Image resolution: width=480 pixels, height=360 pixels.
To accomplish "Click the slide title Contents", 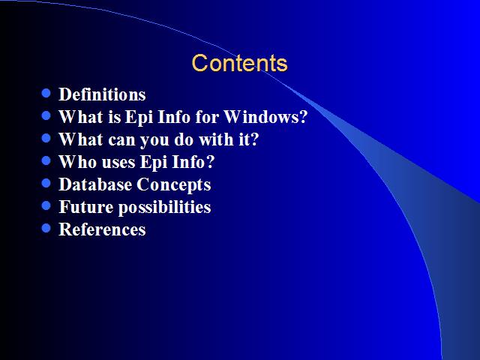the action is tap(239, 63).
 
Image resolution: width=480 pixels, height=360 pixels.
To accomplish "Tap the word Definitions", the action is tap(102, 94).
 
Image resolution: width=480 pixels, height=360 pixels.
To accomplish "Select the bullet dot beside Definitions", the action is tap(46, 93).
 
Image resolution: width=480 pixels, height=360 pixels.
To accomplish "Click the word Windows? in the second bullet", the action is tap(265, 117).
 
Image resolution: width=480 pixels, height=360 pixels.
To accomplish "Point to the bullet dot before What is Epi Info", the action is tap(46, 115).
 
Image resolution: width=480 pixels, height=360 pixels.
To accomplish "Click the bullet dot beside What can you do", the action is tap(46, 138).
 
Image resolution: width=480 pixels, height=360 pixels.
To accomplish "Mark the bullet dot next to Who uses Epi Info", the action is tap(46, 160).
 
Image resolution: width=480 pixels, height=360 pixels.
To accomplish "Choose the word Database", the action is tap(95, 184).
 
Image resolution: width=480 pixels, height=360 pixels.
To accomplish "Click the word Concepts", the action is tap(174, 185).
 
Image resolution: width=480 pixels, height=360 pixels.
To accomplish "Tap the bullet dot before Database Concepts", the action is tap(46, 183).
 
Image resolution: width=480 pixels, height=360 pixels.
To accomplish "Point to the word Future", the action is tap(86, 207).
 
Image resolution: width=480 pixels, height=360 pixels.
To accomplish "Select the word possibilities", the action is tap(165, 208).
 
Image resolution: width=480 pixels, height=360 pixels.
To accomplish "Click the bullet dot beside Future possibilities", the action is tap(46, 205).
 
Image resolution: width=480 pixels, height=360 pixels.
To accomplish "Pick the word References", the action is tap(102, 229).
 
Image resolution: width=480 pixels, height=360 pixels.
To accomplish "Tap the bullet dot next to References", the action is tap(46, 228).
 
